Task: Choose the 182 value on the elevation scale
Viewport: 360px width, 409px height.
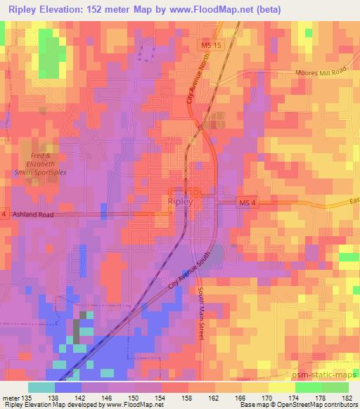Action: (347, 396)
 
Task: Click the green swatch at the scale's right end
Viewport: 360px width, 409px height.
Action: (335, 387)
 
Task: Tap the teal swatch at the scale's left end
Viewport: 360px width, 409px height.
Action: (41, 387)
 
